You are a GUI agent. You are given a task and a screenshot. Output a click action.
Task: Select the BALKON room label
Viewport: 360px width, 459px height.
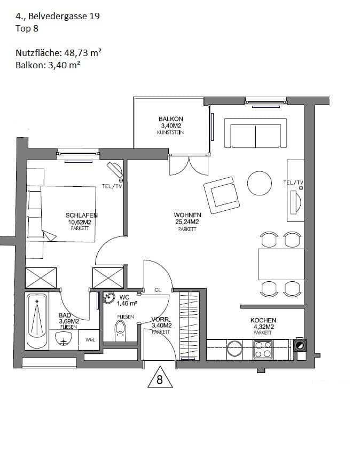pyautogui.click(x=170, y=119)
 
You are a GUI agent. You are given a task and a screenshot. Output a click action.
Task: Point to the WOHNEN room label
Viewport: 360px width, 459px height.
pyautogui.click(x=187, y=216)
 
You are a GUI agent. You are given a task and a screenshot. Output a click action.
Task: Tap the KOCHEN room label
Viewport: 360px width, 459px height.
pyautogui.click(x=263, y=320)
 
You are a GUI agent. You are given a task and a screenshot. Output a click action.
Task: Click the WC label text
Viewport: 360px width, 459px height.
pyautogui.click(x=124, y=297)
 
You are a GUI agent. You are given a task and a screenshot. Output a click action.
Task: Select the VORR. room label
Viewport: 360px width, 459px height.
pyautogui.click(x=161, y=318)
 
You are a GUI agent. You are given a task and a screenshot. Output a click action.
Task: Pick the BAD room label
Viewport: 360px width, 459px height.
pyautogui.click(x=65, y=315)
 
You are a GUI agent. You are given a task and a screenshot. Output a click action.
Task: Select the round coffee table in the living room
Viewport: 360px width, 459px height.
pyautogui.click(x=260, y=184)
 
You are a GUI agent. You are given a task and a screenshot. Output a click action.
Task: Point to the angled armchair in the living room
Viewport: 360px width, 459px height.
pyautogui.click(x=221, y=193)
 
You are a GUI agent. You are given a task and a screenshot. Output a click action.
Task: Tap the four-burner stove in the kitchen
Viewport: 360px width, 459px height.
pyautogui.click(x=263, y=350)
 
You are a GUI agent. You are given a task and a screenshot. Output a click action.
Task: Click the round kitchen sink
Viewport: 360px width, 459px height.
pyautogui.click(x=234, y=349)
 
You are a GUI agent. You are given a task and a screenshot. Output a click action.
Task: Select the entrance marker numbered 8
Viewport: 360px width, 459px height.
pyautogui.click(x=159, y=379)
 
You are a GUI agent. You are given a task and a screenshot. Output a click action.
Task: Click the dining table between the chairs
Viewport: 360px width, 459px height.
pyautogui.click(x=281, y=264)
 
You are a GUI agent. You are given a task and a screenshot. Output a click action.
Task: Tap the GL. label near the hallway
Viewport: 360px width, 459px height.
pyautogui.click(x=158, y=290)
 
